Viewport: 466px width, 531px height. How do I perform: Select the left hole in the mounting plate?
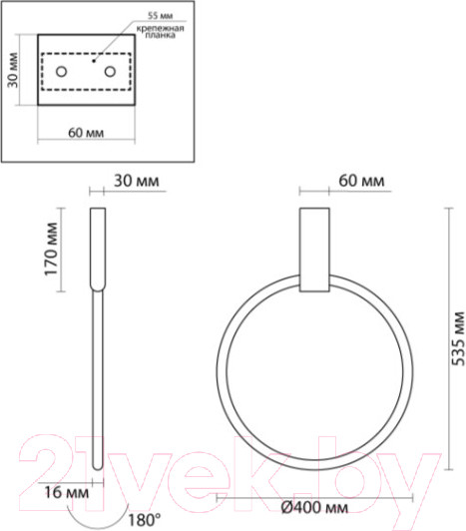coord(62,72)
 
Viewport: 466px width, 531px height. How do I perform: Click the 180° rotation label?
coord(146,519)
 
